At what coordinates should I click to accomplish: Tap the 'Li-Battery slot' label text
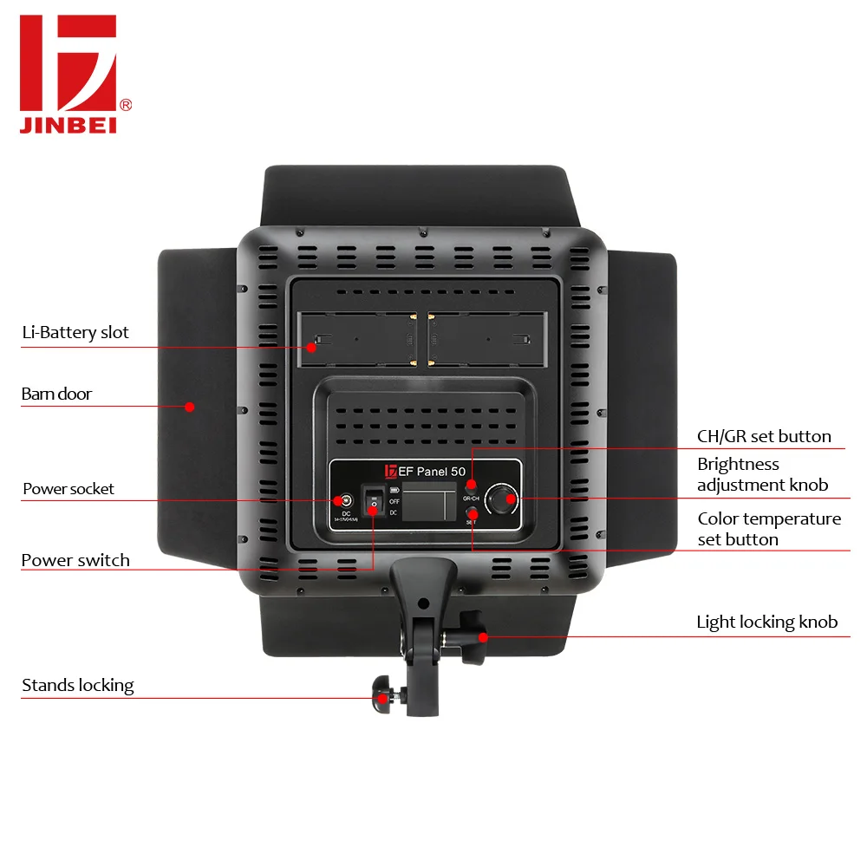point(75,332)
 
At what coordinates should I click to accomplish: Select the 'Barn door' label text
point(56,394)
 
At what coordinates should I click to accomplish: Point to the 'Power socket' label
point(68,489)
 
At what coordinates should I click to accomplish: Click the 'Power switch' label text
point(75,560)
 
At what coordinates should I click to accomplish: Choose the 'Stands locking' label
point(78,686)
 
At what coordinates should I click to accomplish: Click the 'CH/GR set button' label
point(764,436)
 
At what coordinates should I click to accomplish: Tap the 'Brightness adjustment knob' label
point(762,474)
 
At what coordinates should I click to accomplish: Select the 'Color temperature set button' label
point(769,529)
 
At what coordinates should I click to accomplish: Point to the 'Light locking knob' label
point(766,622)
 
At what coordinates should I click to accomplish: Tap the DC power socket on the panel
point(345,500)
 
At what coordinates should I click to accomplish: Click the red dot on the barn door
point(187,405)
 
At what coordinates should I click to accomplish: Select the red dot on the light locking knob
point(482,636)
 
